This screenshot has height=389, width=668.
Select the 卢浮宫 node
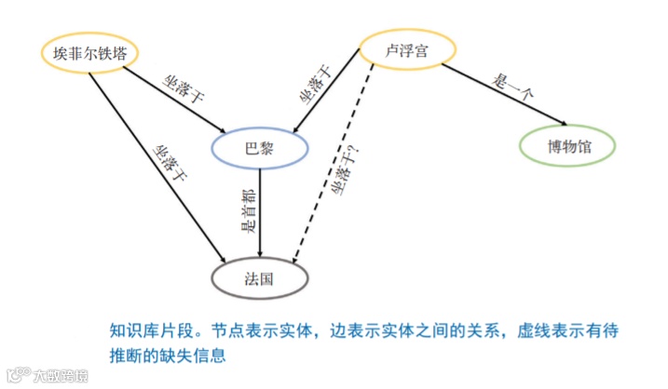pos(406,50)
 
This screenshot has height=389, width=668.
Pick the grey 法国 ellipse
pos(259,276)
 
